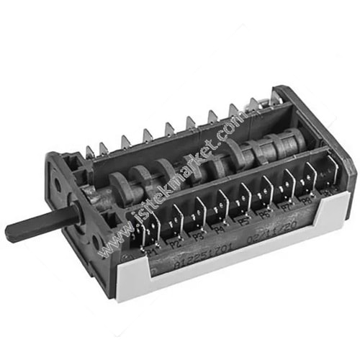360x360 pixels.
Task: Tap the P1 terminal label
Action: pos(152,253)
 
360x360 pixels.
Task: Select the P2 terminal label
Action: pos(176,245)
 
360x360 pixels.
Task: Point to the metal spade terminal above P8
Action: pos(310,176)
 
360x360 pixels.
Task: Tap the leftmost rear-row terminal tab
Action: pos(90,150)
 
